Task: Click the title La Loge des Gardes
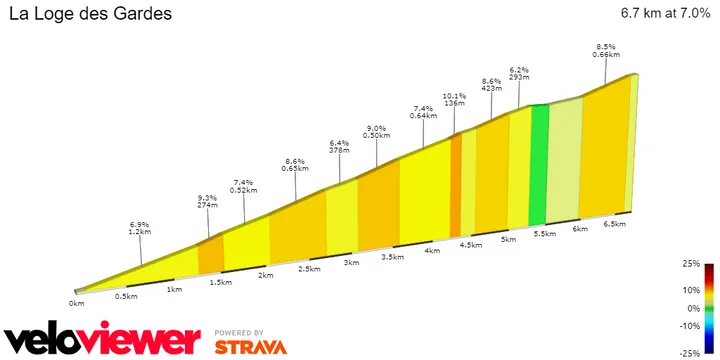pyautogui.click(x=89, y=15)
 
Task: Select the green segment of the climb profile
pyautogui.click(x=539, y=164)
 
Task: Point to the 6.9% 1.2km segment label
pyautogui.click(x=140, y=227)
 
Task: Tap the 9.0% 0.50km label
pyautogui.click(x=377, y=133)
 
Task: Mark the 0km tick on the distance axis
pyautogui.click(x=77, y=302)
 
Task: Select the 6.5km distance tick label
pyautogui.click(x=614, y=225)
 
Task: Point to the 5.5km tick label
pyautogui.click(x=545, y=233)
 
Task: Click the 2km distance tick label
pyautogui.click(x=266, y=275)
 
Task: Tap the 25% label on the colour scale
pyautogui.click(x=691, y=265)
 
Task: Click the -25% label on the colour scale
pyautogui.click(x=690, y=353)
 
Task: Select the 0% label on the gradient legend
pyautogui.click(x=692, y=309)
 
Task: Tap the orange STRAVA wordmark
pyautogui.click(x=250, y=346)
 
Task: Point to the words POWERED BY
pyautogui.click(x=240, y=332)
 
